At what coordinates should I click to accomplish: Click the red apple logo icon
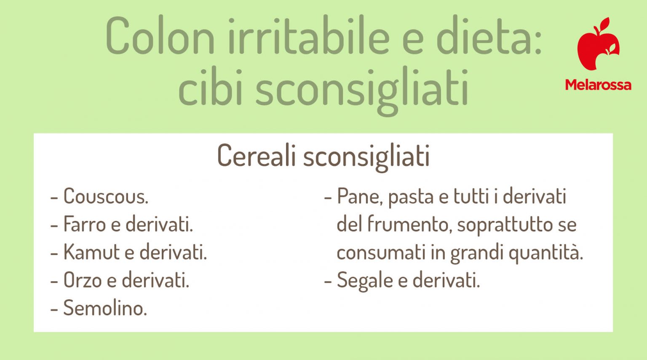(x=598, y=44)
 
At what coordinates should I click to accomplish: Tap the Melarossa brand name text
(x=598, y=85)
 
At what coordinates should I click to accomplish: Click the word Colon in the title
(x=160, y=37)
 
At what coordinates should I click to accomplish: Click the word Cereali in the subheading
(x=257, y=156)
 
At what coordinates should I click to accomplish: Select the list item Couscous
(x=105, y=196)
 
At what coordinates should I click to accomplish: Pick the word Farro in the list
(x=84, y=224)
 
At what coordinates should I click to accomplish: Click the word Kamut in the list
(x=91, y=252)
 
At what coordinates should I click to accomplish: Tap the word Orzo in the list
(x=83, y=280)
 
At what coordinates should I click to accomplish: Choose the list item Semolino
(x=105, y=308)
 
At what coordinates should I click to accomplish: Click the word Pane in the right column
(x=359, y=196)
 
